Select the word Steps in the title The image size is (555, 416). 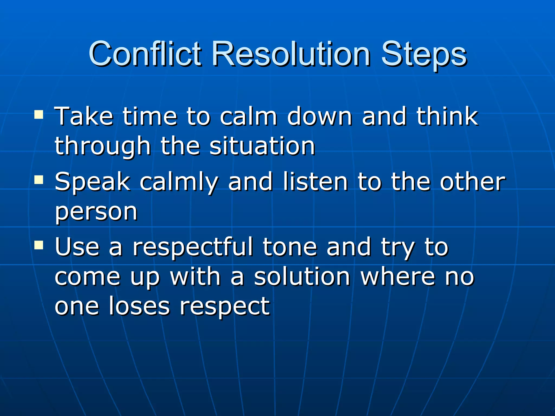pos(424,56)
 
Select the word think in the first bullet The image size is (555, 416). pos(447,116)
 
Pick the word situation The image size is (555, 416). pos(262,146)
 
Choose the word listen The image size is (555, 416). pos(315,181)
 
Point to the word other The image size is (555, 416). pos(472,181)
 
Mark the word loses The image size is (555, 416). pos(139,306)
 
